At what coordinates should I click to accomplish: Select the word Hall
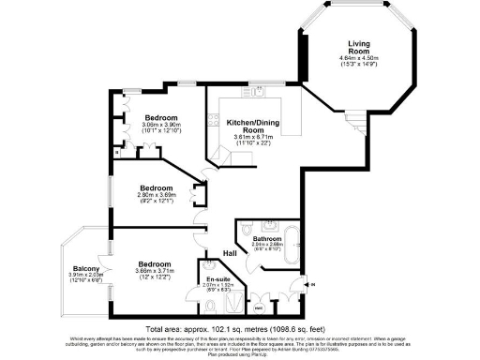229,252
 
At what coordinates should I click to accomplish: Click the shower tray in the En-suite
255,302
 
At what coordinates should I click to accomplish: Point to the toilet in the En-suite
208,264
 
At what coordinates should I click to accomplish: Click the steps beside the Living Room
355,120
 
